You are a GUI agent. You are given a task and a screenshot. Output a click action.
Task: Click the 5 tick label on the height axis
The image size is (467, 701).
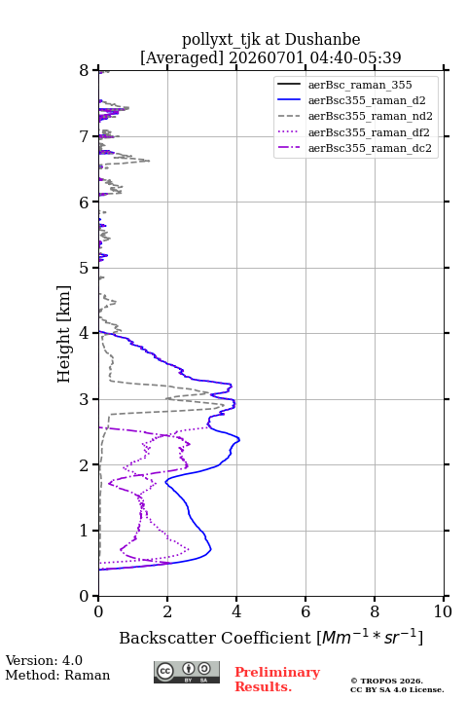tap(84, 268)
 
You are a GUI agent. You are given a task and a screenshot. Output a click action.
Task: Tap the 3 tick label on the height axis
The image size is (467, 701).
tap(84, 399)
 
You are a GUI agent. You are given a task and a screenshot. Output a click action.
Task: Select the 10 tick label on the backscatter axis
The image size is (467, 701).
tap(443, 611)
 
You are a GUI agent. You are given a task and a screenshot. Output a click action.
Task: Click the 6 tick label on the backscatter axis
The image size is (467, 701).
tap(305, 611)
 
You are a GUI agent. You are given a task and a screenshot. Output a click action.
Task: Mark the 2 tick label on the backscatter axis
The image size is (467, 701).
tap(167, 611)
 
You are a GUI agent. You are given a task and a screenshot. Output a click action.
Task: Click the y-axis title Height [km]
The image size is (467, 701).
tap(64, 334)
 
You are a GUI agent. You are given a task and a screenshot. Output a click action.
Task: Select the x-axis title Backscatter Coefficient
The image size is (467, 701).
tap(214, 638)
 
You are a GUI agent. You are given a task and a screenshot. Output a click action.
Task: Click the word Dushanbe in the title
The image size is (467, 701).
tap(322, 40)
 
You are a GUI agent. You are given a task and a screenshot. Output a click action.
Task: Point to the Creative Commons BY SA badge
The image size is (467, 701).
tap(187, 672)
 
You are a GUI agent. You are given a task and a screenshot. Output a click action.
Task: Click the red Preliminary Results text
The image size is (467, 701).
tap(277, 680)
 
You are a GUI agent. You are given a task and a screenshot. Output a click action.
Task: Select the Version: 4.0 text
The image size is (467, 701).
tap(44, 660)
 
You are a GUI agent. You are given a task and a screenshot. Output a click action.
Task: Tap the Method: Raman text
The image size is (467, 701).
tap(57, 675)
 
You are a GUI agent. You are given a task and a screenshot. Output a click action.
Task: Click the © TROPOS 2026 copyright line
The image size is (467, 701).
tap(387, 681)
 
